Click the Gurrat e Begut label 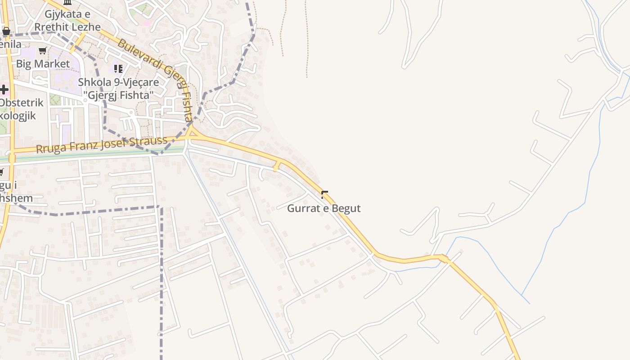324,208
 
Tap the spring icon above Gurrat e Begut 324,195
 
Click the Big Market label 43,64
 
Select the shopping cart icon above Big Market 43,50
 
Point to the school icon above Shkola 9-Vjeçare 118,69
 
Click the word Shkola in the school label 92,82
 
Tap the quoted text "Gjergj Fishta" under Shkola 119,95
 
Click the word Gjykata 62,14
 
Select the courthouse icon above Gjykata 67,2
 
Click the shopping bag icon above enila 6,31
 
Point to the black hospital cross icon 4,90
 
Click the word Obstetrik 22,103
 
